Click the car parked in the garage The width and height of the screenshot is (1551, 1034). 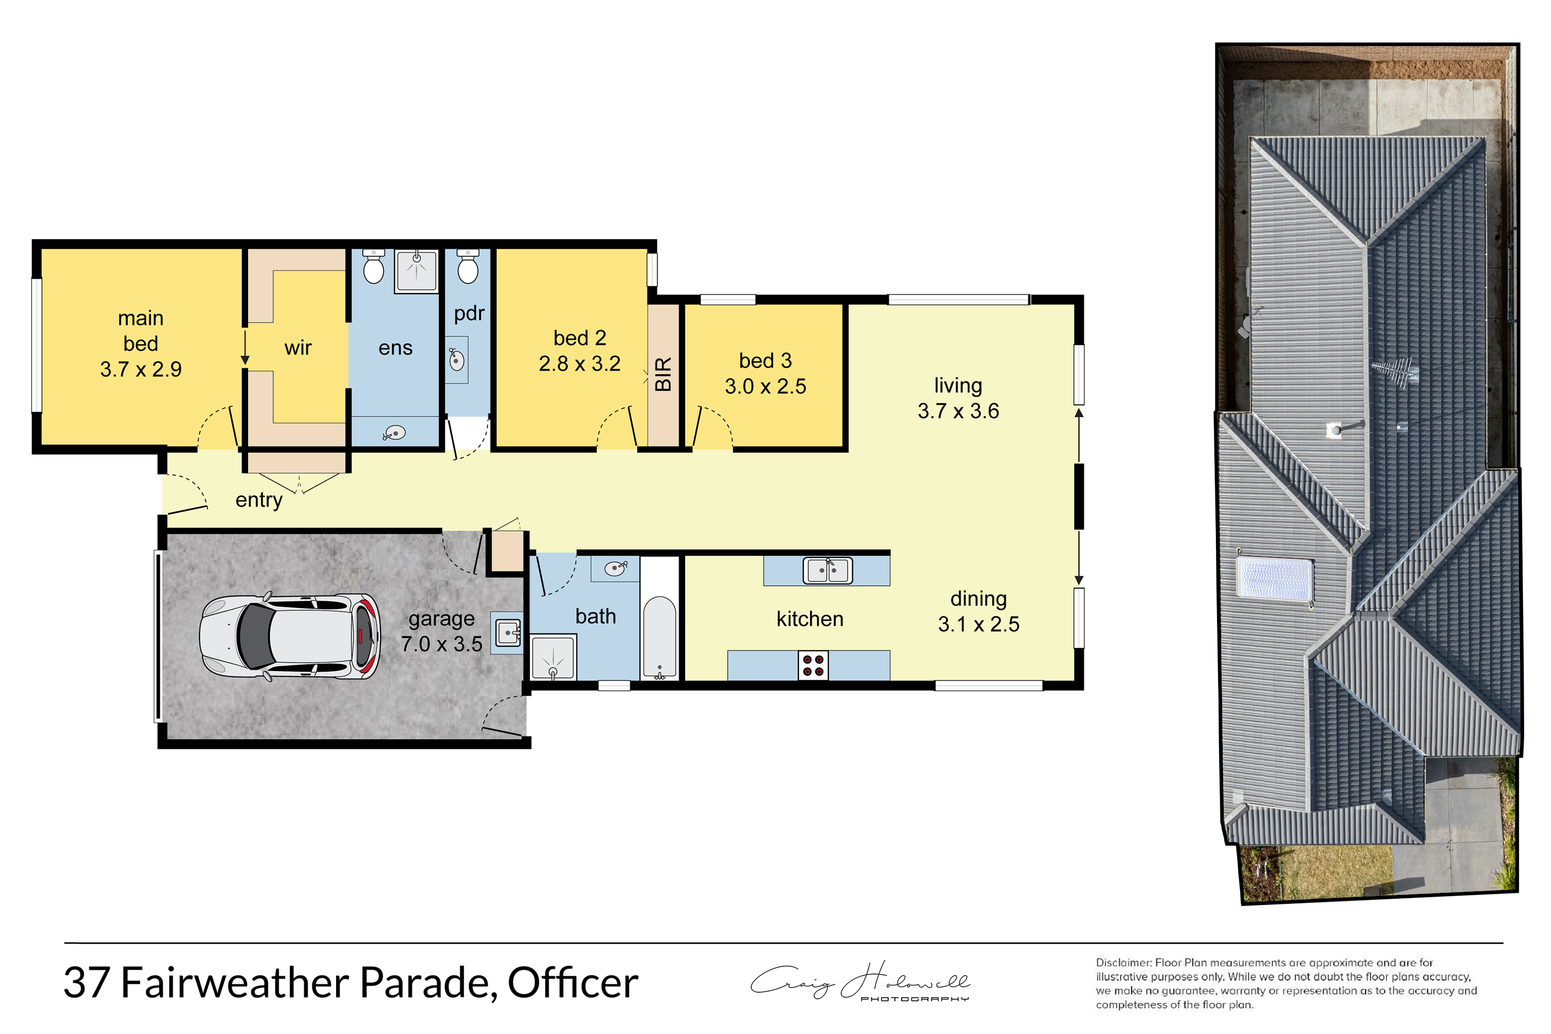coord(290,637)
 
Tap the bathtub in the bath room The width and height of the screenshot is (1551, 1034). coord(660,637)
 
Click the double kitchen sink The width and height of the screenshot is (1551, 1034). coord(828,570)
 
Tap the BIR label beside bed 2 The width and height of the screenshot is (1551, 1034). coord(663,374)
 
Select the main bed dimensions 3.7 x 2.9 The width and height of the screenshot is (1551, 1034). coord(141,369)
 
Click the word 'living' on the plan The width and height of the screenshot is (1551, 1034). coord(958,386)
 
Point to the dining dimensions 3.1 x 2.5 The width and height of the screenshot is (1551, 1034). coord(979,624)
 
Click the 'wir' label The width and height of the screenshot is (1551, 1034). coord(298,347)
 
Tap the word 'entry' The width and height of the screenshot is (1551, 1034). coord(259,500)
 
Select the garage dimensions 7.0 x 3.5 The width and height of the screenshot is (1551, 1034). coord(442,644)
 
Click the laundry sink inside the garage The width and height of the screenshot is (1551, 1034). coord(508,632)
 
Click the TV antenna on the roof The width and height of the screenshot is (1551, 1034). coord(1393,371)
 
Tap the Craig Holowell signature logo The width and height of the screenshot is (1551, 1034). coord(860,982)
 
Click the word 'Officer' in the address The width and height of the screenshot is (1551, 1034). coord(572,983)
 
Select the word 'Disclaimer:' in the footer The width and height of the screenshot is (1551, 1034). coord(1123,963)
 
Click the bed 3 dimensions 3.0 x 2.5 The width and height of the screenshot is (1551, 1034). coord(766,386)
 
